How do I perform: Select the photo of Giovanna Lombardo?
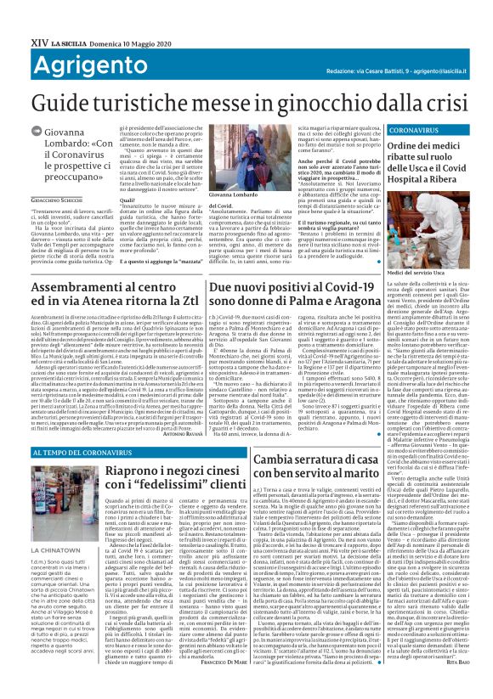[x=234, y=161]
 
